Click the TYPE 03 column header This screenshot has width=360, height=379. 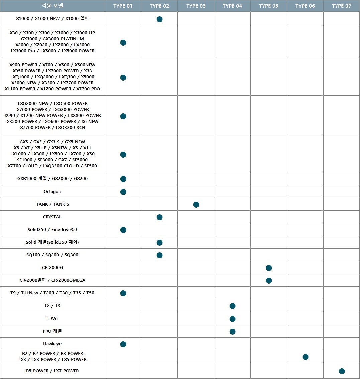[196, 6]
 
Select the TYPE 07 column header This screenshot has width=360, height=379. [341, 6]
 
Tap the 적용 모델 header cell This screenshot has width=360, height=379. [52, 6]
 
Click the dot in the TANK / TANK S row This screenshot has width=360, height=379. [196, 205]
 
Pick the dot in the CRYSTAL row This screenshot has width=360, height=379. [159, 217]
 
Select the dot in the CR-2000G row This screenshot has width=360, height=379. [269, 268]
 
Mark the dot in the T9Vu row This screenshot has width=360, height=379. [233, 319]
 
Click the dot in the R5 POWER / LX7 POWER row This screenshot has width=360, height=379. [342, 371]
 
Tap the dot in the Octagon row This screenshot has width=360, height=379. [123, 192]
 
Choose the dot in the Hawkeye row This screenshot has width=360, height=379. [123, 344]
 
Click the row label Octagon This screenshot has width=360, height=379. [52, 192]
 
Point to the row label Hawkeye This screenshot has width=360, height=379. [52, 344]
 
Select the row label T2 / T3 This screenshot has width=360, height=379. [52, 306]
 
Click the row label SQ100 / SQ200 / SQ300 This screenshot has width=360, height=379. [52, 255]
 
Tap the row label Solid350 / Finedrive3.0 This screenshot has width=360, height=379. [52, 229]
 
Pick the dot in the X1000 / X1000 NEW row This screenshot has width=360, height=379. [159, 19]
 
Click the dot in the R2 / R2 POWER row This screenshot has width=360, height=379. [306, 357]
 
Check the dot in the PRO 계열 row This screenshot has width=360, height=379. [233, 332]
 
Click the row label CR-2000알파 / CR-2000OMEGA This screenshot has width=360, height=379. [52, 280]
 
